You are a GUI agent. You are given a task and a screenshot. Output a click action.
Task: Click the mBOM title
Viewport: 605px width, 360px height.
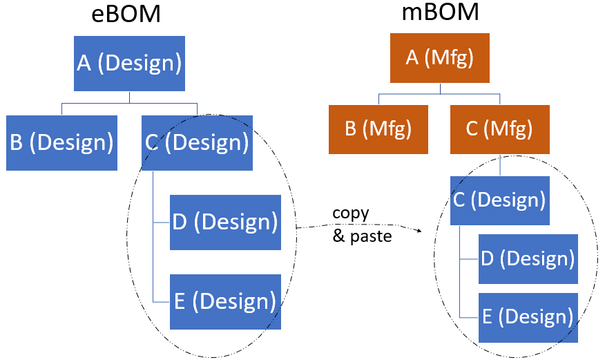[x=440, y=12]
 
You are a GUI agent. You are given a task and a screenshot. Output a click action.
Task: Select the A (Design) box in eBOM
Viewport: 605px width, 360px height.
[x=129, y=64]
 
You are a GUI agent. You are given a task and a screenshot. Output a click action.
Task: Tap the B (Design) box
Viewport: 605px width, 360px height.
[x=61, y=142]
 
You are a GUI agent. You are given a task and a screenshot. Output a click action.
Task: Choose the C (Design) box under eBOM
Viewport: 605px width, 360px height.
[x=197, y=142]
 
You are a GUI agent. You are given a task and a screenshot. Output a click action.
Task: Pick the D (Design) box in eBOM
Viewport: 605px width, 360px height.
[x=225, y=222]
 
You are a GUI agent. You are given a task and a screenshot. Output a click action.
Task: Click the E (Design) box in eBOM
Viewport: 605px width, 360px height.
[x=225, y=302]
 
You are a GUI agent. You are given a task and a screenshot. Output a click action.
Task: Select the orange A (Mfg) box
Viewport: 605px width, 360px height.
[x=439, y=57]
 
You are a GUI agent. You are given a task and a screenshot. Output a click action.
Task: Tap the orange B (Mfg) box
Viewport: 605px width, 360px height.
[x=378, y=129]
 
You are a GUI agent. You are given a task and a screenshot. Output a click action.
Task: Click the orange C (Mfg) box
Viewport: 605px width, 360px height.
[x=500, y=129]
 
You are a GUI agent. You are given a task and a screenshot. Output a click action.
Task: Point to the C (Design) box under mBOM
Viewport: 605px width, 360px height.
[x=499, y=200]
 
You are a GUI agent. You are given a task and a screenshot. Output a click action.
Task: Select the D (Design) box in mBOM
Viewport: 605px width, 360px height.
[x=528, y=259]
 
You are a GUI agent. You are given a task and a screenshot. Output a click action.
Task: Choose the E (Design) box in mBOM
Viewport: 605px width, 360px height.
[x=528, y=317]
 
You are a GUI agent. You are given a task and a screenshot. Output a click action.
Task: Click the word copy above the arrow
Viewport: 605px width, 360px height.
[x=351, y=213]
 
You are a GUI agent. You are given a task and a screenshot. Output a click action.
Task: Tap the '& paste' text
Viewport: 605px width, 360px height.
[x=362, y=236]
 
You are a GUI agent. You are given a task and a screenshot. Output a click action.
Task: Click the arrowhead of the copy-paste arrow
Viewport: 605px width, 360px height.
[x=419, y=231]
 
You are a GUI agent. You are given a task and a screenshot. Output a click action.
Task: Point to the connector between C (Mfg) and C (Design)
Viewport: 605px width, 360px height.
[x=500, y=165]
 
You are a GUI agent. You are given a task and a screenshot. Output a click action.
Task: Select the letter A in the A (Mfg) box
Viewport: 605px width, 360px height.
[x=412, y=57]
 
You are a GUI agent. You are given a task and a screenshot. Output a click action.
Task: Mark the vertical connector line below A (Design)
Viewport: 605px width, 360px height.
[x=129, y=97]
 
